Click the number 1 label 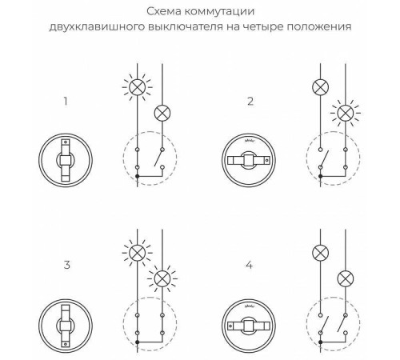[x=65, y=102]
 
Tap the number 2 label [x=250, y=102]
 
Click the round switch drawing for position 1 [x=65, y=158]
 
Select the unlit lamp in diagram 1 [x=162, y=113]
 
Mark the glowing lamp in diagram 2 [x=346, y=113]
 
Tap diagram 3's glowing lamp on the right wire [x=162, y=278]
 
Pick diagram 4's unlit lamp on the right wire [x=346, y=278]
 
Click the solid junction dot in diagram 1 [x=138, y=174]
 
